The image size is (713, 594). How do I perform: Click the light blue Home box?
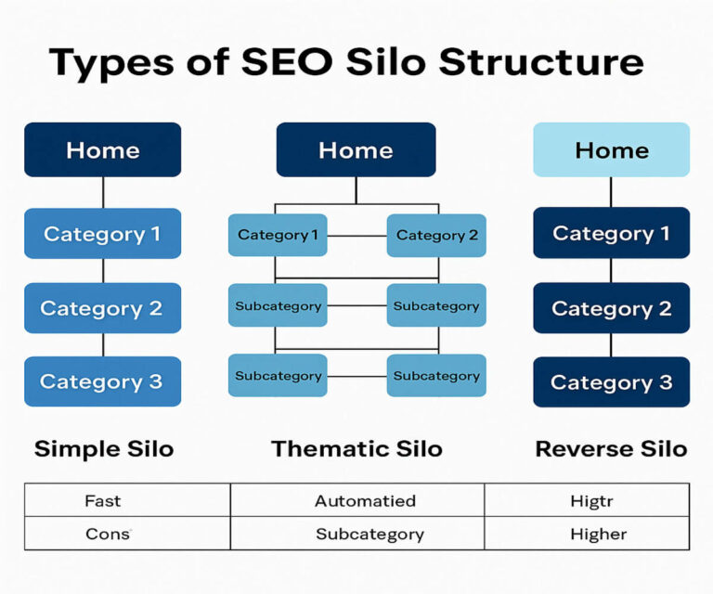click(x=611, y=149)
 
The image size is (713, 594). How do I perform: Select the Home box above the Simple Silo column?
click(x=102, y=149)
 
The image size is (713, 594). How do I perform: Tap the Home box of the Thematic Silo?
click(x=356, y=149)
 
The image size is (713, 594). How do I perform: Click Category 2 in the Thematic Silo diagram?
click(x=436, y=235)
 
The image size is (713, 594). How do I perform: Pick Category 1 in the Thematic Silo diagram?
click(x=278, y=235)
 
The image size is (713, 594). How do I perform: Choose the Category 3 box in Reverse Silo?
click(x=611, y=381)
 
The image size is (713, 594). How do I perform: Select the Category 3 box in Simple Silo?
click(x=102, y=381)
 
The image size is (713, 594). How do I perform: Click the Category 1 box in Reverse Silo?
click(x=611, y=234)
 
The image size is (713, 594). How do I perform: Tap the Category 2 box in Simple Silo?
click(x=102, y=308)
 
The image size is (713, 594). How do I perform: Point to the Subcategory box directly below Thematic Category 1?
click(x=278, y=305)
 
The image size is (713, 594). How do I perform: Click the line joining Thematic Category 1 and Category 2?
click(x=356, y=236)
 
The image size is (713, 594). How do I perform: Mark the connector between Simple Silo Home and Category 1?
click(x=103, y=192)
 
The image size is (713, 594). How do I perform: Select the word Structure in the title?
click(x=541, y=62)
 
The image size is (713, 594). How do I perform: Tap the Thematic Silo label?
click(x=356, y=450)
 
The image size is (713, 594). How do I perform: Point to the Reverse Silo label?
click(x=611, y=450)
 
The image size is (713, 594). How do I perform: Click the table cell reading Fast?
click(x=103, y=500)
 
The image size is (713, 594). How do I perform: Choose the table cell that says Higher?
click(x=599, y=534)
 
